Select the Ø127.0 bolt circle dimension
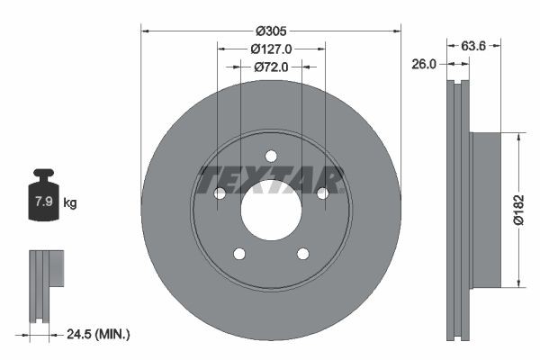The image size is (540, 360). coord(271,48)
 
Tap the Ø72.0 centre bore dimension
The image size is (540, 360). coord(271,66)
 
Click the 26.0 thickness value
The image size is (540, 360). coord(425,64)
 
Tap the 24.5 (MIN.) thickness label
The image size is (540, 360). coord(99,334)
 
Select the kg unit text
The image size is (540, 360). coord(70,203)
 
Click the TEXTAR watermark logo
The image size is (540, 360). coord(271,180)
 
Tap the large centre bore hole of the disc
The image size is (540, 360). coord(271,210)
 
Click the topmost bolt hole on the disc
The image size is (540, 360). coord(271,156)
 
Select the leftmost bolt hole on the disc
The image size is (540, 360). coord(219,193)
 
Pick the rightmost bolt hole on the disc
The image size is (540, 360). coord(322,193)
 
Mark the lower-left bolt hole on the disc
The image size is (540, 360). coord(238,254)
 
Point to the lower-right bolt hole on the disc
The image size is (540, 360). coord(302,254)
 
